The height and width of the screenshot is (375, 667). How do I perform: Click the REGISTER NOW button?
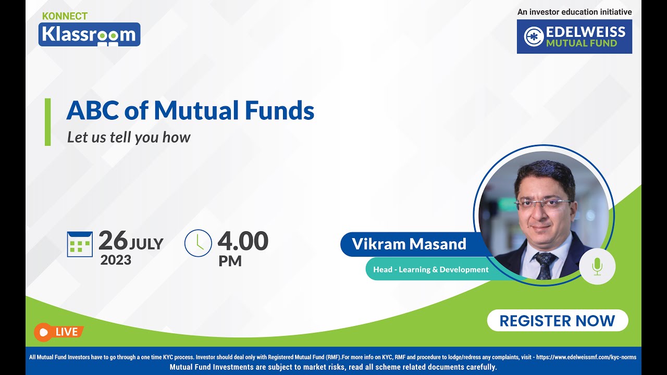(557, 321)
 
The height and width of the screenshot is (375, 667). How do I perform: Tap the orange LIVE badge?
(58, 332)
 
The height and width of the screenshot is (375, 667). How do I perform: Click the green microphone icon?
(597, 267)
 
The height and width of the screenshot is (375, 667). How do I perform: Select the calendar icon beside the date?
(80, 244)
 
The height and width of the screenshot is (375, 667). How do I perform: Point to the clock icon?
(198, 243)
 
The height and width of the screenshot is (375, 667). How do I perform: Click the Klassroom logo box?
(89, 34)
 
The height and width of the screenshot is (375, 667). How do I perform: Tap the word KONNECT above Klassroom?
(65, 16)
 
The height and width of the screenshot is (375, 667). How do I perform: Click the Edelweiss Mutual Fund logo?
(574, 36)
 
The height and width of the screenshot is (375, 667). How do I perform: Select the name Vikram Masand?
(409, 244)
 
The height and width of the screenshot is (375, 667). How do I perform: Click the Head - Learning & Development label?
(431, 269)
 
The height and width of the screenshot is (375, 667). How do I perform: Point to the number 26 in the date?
(113, 241)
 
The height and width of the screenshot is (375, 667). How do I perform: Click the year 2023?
(116, 259)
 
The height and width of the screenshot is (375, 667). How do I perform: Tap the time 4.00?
(243, 241)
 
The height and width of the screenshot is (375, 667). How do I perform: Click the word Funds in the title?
(282, 110)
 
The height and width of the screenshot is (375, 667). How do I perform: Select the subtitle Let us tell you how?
(129, 137)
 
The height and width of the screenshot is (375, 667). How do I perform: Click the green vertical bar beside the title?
(48, 122)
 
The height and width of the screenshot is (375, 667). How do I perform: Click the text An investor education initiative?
(574, 12)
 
